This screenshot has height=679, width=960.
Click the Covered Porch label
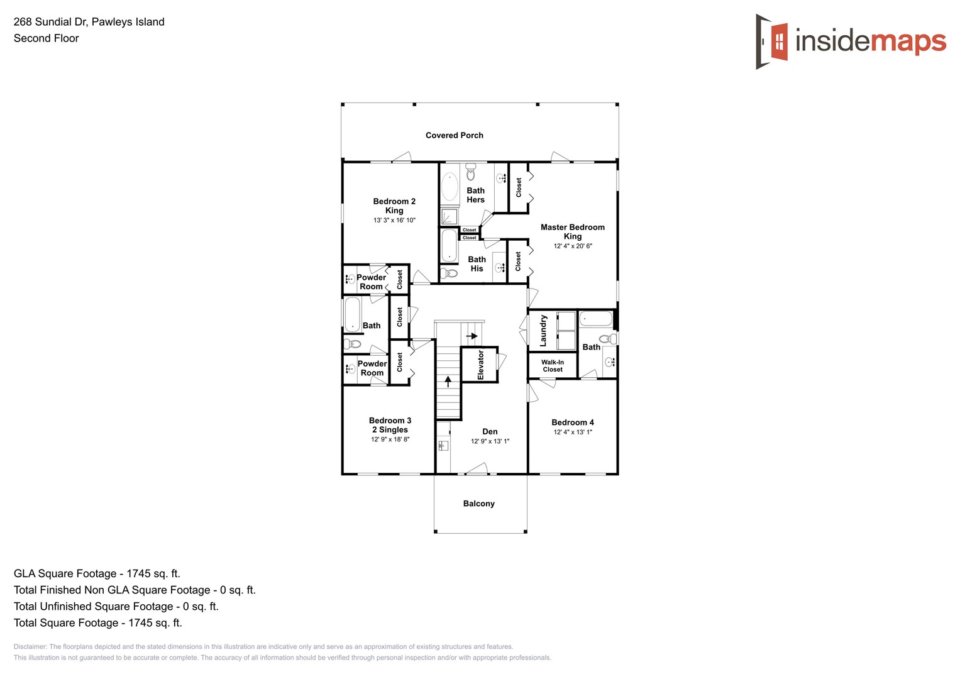click(454, 135)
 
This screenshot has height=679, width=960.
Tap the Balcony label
click(478, 504)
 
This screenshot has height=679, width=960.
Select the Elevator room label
click(481, 365)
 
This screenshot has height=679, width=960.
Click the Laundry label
click(543, 331)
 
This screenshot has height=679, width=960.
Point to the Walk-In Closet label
click(553, 366)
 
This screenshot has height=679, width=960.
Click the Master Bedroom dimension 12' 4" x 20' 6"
click(572, 246)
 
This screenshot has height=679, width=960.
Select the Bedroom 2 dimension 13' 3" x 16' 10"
click(394, 221)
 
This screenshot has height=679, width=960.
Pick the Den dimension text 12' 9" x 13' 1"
click(490, 441)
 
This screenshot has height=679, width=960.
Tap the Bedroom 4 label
click(572, 422)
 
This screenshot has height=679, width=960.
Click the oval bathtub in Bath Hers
click(450, 187)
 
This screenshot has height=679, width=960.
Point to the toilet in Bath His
click(449, 273)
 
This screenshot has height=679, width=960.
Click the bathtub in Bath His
click(449, 245)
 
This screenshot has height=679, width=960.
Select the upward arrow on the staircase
click(448, 381)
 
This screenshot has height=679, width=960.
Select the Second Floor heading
click(46, 38)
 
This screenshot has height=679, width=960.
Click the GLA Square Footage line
click(97, 573)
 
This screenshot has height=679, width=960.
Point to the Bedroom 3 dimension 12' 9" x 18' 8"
click(390, 439)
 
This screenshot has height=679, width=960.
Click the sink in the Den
click(443, 446)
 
